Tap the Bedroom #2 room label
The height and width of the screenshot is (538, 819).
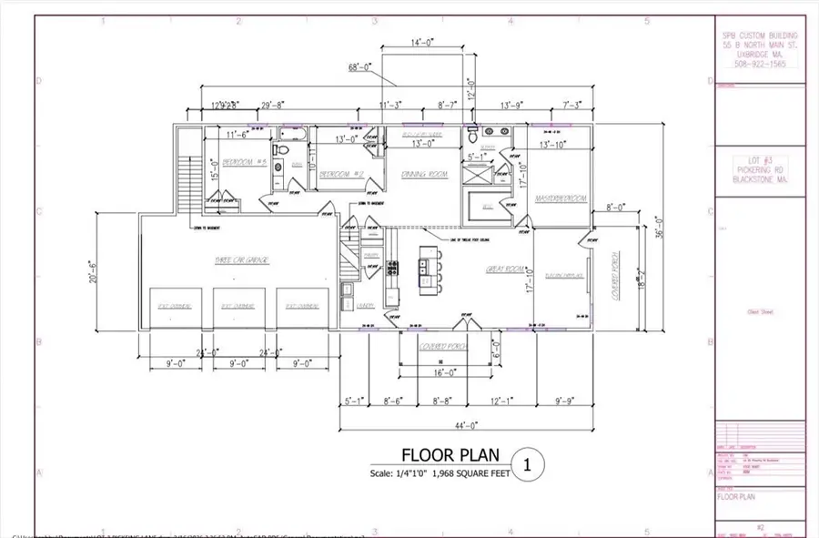(x=342, y=173)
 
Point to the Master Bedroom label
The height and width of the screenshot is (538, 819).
(x=561, y=198)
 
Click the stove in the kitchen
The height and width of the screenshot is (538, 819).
(x=393, y=268)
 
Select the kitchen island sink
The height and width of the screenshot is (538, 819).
(x=423, y=268)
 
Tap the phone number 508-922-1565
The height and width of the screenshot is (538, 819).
(x=760, y=65)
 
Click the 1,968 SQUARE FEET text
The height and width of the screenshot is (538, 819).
(x=464, y=473)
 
